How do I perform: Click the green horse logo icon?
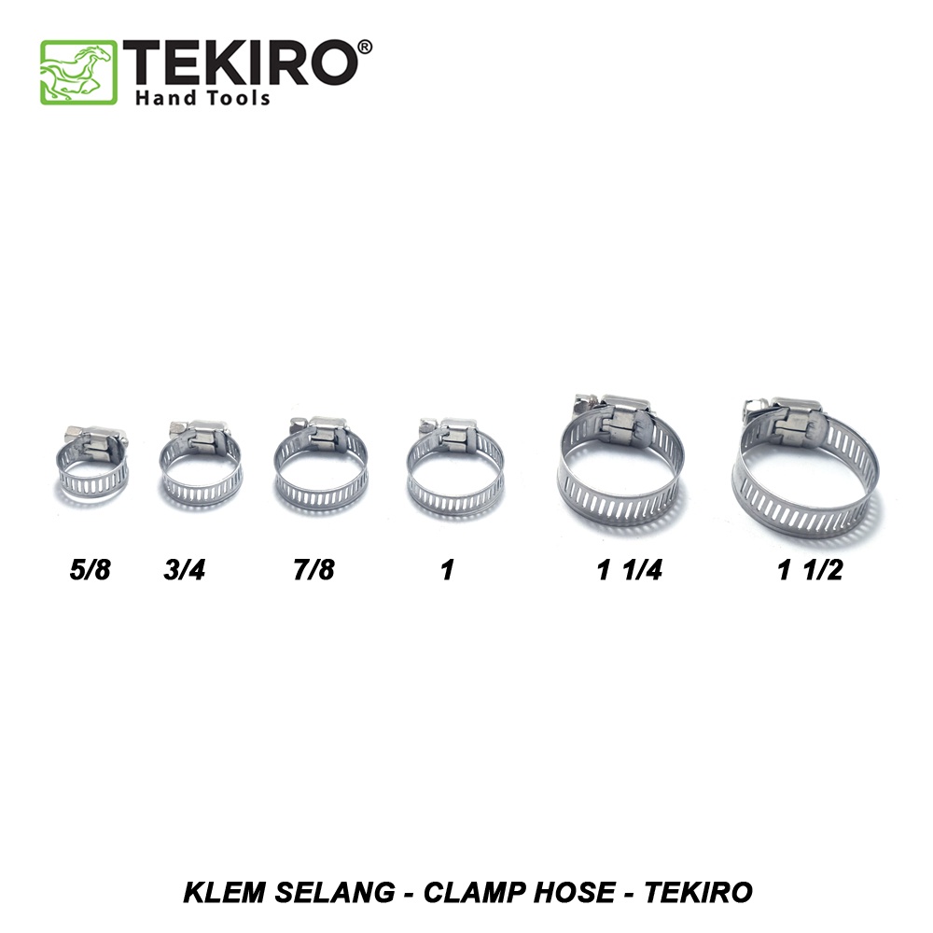click(78, 72)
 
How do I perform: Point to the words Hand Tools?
click(202, 97)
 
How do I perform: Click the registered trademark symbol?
click(364, 47)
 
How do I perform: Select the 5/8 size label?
click(90, 569)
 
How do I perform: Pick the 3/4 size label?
click(184, 569)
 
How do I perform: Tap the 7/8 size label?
click(313, 569)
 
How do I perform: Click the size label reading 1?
click(447, 569)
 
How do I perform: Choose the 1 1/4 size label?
click(630, 569)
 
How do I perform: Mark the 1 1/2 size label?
click(810, 569)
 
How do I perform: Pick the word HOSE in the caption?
click(571, 892)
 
